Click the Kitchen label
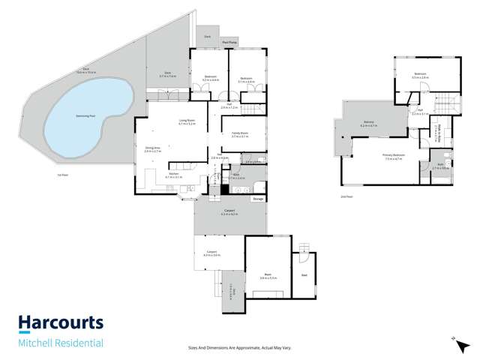(x=173, y=175)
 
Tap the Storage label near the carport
(x=257, y=199)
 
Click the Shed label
(x=304, y=275)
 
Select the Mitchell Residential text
(x=60, y=344)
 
